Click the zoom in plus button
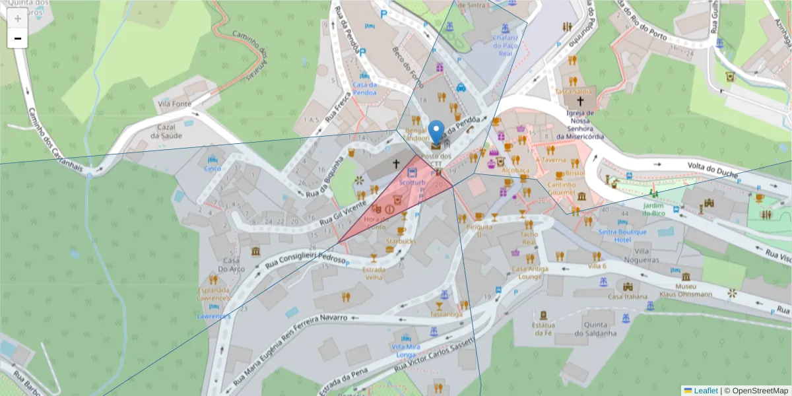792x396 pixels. (17, 18)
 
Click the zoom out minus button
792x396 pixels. (17, 38)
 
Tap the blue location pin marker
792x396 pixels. (436, 132)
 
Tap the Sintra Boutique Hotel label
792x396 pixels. (624, 236)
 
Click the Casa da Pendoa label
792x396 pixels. (364, 88)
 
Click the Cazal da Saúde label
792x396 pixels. (165, 131)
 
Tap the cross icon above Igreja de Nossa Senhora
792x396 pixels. (580, 101)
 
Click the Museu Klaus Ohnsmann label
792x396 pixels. (686, 290)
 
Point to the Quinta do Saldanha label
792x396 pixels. (599, 329)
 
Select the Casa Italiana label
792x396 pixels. (626, 297)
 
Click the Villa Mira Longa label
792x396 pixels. (405, 350)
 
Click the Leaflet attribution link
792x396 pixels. (705, 391)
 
